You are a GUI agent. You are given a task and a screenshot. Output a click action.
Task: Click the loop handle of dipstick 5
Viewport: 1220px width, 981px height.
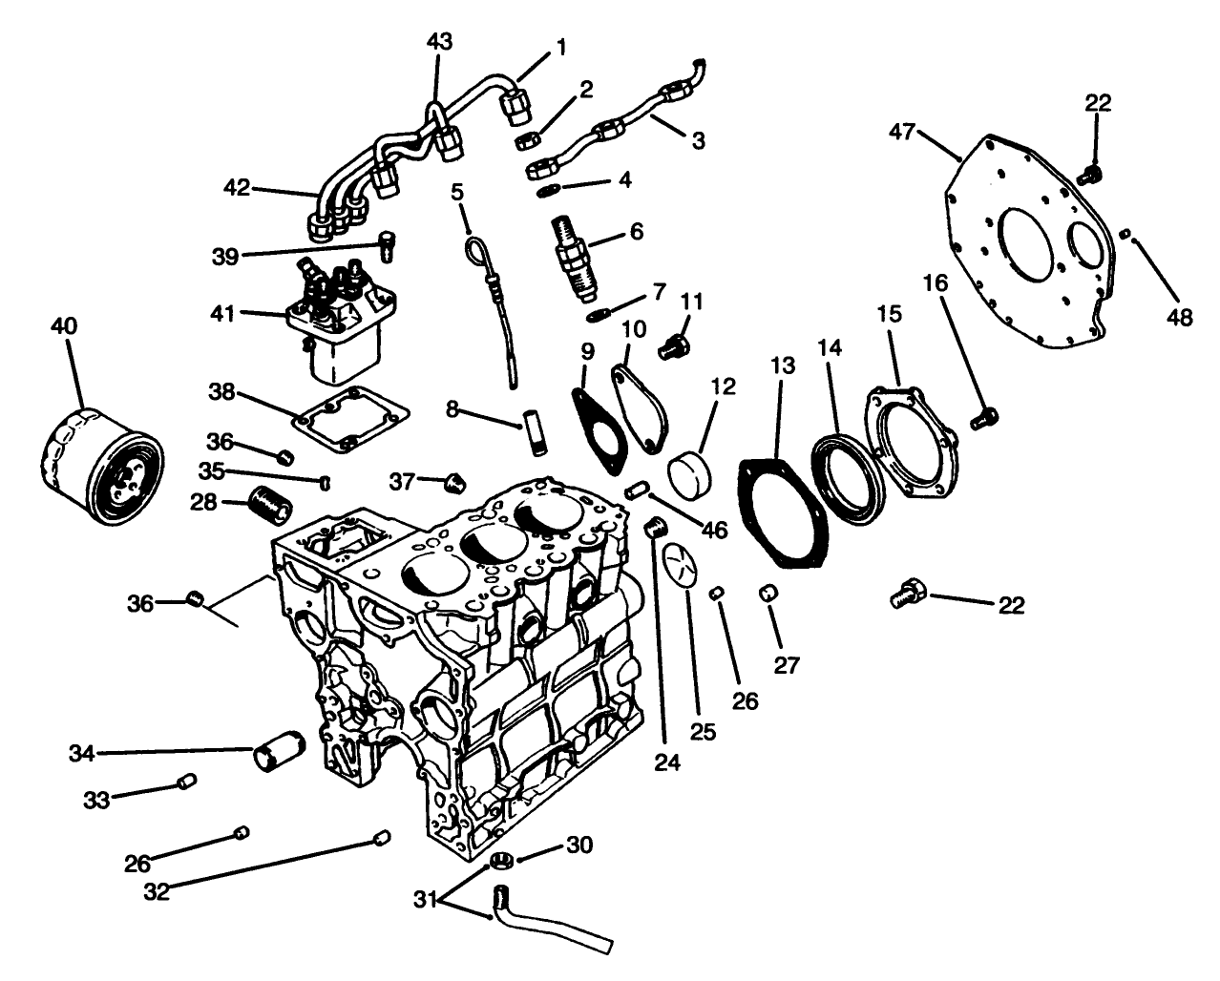pyautogui.click(x=475, y=251)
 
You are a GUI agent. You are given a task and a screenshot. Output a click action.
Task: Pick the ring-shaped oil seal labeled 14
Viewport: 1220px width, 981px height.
pyautogui.click(x=845, y=477)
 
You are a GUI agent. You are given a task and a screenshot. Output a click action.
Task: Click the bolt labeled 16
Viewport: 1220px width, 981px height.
pyautogui.click(x=985, y=416)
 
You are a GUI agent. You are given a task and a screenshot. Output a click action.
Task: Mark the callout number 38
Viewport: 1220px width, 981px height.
pyautogui.click(x=221, y=392)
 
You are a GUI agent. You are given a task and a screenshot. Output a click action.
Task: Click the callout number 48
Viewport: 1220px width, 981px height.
pyautogui.click(x=1180, y=318)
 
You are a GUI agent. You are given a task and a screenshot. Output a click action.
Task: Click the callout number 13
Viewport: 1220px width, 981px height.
pyautogui.click(x=782, y=366)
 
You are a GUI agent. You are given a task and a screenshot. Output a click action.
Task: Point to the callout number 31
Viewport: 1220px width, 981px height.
pyautogui.click(x=426, y=899)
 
